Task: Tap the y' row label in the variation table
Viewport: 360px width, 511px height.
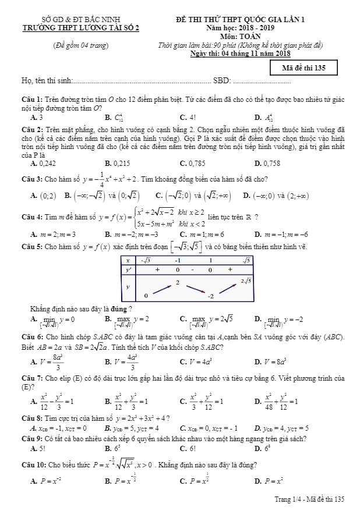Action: click(128, 269)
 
